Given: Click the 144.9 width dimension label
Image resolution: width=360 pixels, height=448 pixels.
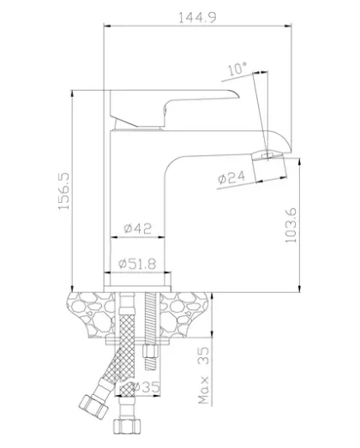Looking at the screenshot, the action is pyautogui.click(x=197, y=17).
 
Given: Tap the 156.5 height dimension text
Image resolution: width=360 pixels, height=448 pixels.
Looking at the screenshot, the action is pyautogui.click(x=63, y=191).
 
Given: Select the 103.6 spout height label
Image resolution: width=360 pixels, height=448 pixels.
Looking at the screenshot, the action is pyautogui.click(x=291, y=225).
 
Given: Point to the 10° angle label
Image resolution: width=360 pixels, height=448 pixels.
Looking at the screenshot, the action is pyautogui.click(x=237, y=69).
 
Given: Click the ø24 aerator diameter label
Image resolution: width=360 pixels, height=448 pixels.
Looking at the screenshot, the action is pyautogui.click(x=231, y=177).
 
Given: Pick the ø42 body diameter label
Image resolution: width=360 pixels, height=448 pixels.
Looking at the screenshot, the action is pyautogui.click(x=138, y=229).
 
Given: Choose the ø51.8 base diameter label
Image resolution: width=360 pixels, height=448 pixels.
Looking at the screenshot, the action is pyautogui.click(x=138, y=264).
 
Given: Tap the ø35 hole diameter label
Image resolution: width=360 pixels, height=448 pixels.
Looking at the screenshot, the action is pyautogui.click(x=146, y=387).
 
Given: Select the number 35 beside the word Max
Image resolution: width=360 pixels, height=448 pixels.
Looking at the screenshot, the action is pyautogui.click(x=204, y=355).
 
